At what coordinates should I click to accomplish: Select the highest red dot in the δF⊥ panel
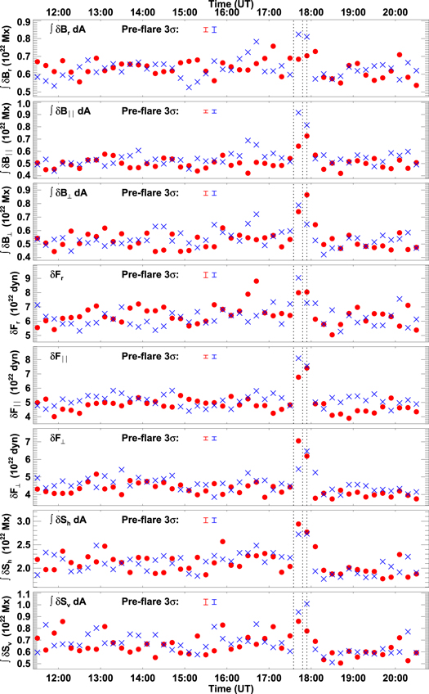point(298,442)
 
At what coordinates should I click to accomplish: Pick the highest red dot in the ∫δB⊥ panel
point(306,196)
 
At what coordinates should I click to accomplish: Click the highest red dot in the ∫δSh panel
point(298,525)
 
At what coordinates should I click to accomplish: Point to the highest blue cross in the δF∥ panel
point(298,358)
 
